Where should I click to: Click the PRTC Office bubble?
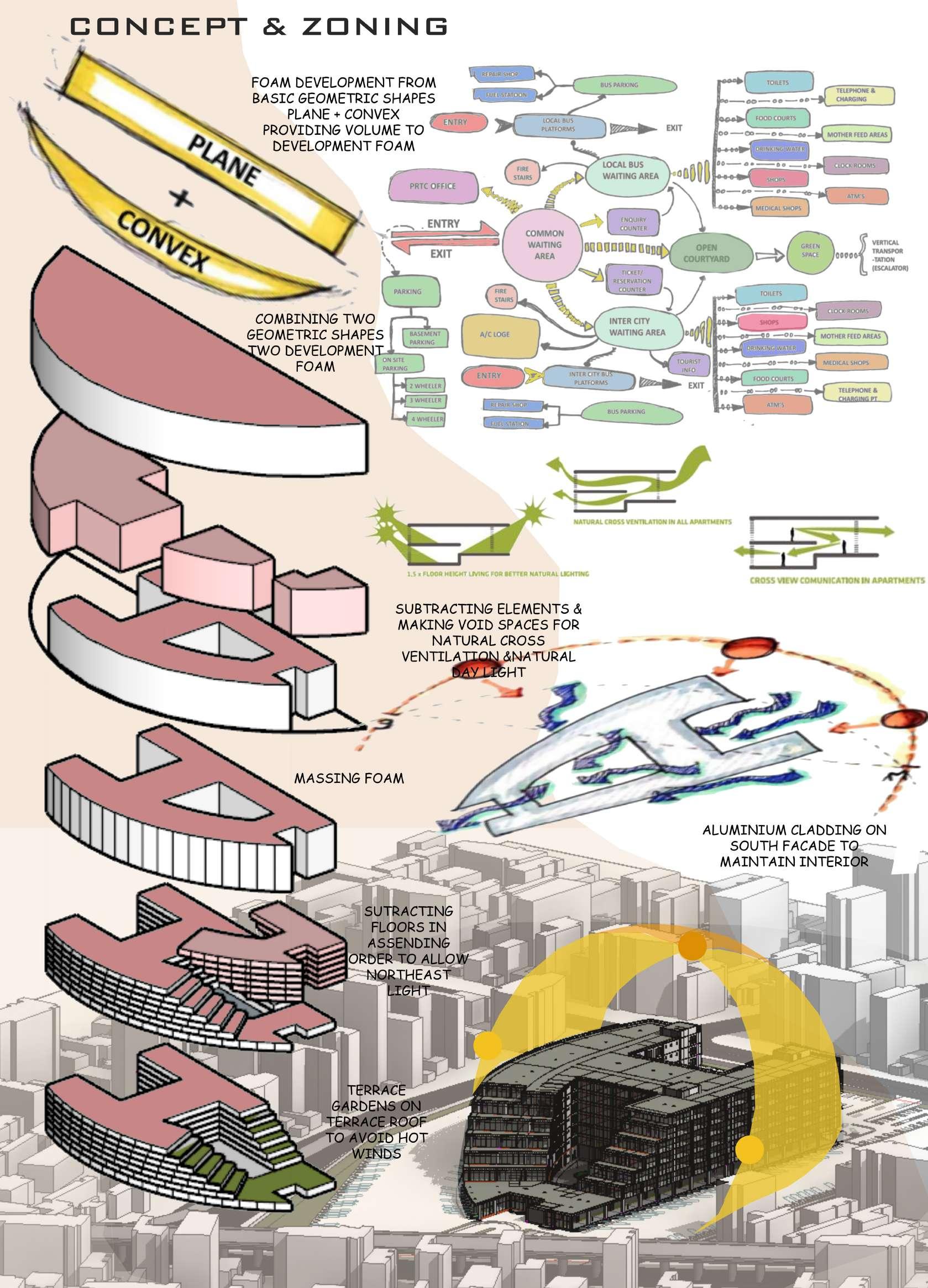pyautogui.click(x=432, y=186)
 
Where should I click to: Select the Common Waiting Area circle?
pyautogui.click(x=544, y=245)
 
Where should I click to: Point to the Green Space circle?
pyautogui.click(x=810, y=250)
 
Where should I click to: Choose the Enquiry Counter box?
pyautogui.click(x=633, y=223)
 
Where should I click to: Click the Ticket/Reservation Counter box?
pyautogui.click(x=632, y=281)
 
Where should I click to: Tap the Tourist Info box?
pyautogui.click(x=688, y=365)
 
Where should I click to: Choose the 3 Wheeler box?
pyautogui.click(x=426, y=401)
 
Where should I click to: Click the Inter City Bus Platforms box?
pyautogui.click(x=591, y=378)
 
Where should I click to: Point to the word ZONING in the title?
pyautogui.click(x=375, y=27)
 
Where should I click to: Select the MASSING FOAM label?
pyautogui.click(x=349, y=777)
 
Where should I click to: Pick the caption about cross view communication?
pyautogui.click(x=837, y=580)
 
